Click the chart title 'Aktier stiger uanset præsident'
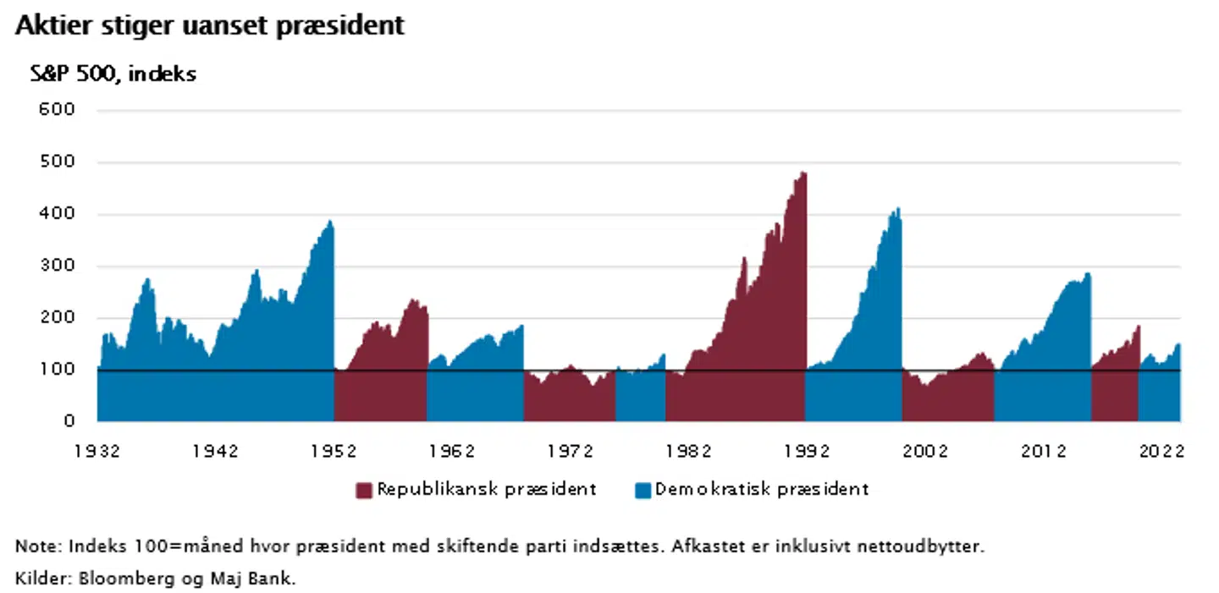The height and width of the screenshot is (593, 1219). (x=210, y=26)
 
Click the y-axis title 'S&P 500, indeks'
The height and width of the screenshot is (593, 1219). (x=113, y=74)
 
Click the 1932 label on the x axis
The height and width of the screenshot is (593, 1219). (x=97, y=452)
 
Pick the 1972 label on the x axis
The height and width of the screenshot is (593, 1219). (x=570, y=452)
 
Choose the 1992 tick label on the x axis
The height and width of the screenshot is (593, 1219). (x=806, y=452)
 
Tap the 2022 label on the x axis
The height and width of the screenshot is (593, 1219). (x=1161, y=452)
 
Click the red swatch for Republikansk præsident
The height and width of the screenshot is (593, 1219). (x=364, y=491)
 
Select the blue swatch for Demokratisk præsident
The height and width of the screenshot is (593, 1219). (x=643, y=491)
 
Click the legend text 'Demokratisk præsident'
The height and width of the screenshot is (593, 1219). (x=762, y=490)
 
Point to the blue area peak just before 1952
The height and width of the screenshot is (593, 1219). (x=330, y=222)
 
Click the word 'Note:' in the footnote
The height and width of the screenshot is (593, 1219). (x=38, y=546)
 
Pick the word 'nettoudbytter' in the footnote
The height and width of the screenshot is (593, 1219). (x=930, y=546)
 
